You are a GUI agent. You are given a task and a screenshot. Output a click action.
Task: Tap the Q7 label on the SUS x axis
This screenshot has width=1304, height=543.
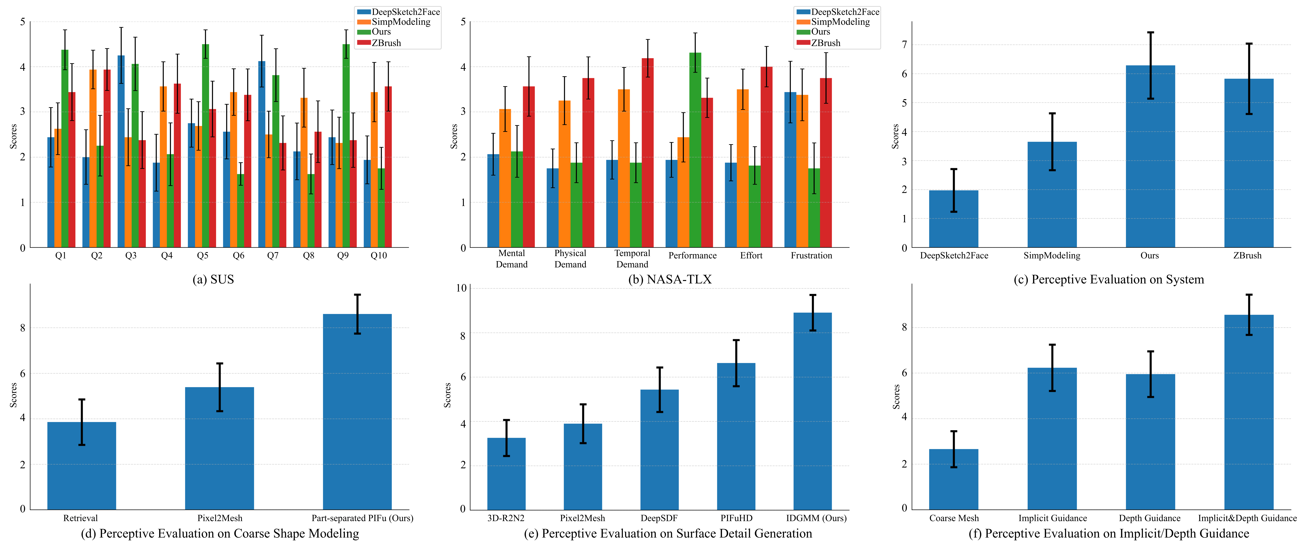click(x=273, y=256)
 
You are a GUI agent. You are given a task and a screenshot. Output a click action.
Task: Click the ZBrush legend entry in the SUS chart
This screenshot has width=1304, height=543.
click(x=386, y=43)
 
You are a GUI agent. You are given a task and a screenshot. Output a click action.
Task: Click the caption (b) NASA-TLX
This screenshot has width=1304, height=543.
click(x=670, y=279)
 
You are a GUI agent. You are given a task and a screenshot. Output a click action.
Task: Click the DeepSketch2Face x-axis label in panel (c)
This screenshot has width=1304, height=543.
click(x=954, y=256)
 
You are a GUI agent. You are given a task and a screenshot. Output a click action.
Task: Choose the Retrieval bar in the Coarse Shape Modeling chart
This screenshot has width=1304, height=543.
click(x=81, y=466)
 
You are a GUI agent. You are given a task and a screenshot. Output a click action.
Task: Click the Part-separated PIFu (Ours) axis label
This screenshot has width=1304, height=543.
click(x=362, y=518)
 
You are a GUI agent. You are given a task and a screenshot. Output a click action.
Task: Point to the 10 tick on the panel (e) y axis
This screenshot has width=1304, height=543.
click(x=461, y=288)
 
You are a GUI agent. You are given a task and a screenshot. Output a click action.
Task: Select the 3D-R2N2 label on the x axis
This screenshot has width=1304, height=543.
click(x=506, y=518)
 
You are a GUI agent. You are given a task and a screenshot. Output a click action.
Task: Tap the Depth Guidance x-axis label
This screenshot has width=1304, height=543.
click(x=1149, y=518)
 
